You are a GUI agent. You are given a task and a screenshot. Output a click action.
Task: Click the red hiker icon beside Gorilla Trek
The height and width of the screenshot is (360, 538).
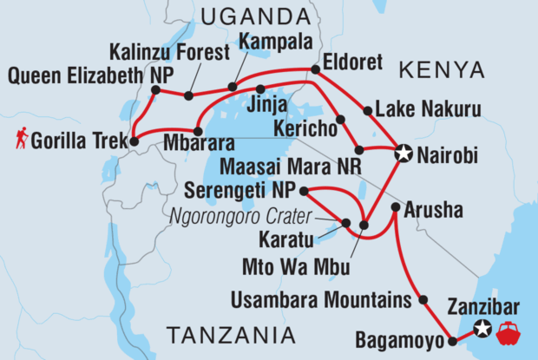coord(20,138)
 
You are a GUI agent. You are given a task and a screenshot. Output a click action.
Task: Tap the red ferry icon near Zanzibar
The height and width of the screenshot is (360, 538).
coord(507,330)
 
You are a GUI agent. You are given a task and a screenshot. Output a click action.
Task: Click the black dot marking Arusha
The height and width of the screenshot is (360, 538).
coord(396,207)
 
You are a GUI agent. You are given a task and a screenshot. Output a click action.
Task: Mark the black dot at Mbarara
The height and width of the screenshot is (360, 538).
coord(199,132)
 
